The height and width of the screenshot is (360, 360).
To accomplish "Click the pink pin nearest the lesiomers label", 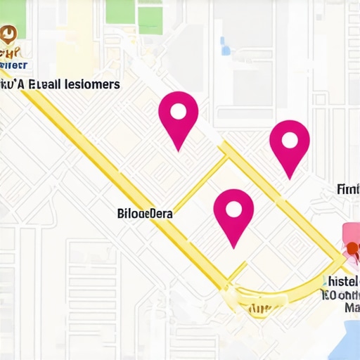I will tap(178, 120).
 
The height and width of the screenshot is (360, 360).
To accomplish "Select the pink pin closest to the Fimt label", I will tap(289, 146).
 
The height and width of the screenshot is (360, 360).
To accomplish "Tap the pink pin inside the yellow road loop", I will tap(233, 214).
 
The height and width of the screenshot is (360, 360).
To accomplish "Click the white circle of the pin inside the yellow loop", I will tap(233, 207).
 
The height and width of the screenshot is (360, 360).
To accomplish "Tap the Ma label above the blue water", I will tap(352, 308).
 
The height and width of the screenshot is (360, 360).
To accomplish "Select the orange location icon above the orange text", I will tap(8, 33).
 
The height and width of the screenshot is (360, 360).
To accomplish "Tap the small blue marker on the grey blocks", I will tap(225, 49).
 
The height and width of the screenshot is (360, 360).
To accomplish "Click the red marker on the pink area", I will tap(351, 246).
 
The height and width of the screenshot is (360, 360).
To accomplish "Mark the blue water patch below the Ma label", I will tap(345, 337).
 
